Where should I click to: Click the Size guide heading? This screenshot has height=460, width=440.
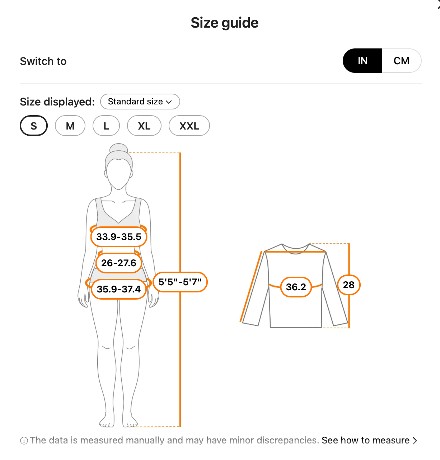[x=224, y=23]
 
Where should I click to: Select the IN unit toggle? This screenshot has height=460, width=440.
[x=362, y=61]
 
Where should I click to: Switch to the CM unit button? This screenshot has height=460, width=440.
[x=402, y=61]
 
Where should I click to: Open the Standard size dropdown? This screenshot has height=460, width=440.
[x=140, y=102]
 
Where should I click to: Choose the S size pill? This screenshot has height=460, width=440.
[x=34, y=126]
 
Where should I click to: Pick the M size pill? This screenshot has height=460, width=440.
[x=70, y=126]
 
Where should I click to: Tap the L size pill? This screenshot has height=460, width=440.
[x=106, y=126]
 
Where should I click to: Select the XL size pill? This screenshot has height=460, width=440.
[x=144, y=126]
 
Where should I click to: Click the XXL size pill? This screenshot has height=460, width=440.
[x=189, y=126]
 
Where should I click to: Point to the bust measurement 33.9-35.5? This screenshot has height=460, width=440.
[x=119, y=237]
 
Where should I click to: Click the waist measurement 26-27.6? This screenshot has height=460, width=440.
[x=119, y=263]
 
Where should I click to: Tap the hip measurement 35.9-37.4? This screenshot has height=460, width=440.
[x=119, y=289]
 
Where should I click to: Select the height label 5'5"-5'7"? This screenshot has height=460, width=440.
[x=180, y=282]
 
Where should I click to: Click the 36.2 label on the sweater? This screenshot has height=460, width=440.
[x=296, y=287]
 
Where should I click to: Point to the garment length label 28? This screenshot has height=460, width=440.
[x=349, y=285]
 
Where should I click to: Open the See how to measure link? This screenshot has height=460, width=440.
[x=369, y=440]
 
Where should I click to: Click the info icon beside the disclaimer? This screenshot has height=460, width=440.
[x=24, y=441]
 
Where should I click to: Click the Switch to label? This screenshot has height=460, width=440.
[x=43, y=61]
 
